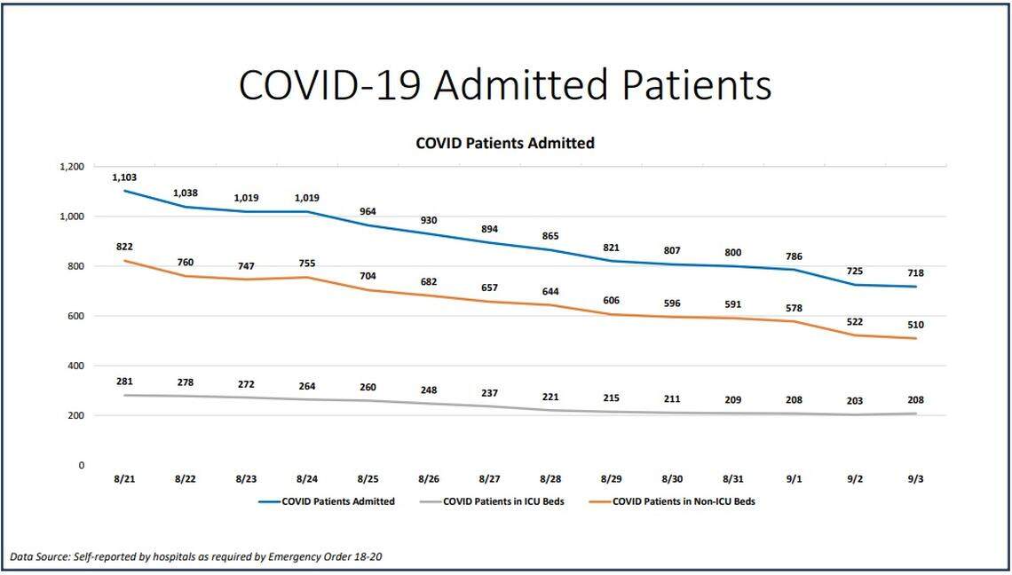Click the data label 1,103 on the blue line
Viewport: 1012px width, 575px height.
pyautogui.click(x=124, y=177)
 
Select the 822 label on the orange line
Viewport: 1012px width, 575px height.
pyautogui.click(x=124, y=247)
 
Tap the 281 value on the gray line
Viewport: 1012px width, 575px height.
pyautogui.click(x=124, y=382)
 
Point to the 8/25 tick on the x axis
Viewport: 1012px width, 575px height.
pyautogui.click(x=368, y=479)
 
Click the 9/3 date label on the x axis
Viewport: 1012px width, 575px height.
pyautogui.click(x=915, y=479)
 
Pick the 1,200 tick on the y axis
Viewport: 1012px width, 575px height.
pyautogui.click(x=71, y=167)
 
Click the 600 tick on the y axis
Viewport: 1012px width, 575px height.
pyautogui.click(x=76, y=316)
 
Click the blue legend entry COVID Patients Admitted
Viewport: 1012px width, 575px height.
pyautogui.click(x=338, y=501)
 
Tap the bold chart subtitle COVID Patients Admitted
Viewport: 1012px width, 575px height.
pyautogui.click(x=505, y=142)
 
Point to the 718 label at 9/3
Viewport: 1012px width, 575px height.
pyautogui.click(x=915, y=273)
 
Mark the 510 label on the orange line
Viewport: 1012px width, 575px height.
pyautogui.click(x=915, y=325)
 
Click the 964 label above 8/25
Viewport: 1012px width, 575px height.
pyautogui.click(x=368, y=212)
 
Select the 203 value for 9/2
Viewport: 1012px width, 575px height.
pyautogui.click(x=854, y=401)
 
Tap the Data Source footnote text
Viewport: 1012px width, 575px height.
pyautogui.click(x=197, y=556)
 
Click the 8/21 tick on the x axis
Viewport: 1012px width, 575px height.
pyautogui.click(x=124, y=479)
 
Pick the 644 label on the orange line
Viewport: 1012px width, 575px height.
pyautogui.click(x=550, y=293)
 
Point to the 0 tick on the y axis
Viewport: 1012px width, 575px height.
pyautogui.click(x=81, y=465)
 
